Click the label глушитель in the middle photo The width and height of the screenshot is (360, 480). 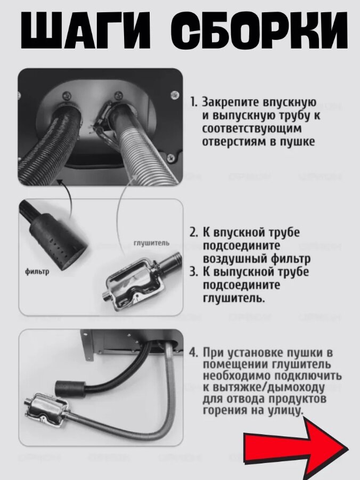point(151,243)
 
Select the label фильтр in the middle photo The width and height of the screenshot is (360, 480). point(37,271)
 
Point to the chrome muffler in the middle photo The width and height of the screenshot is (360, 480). point(141,282)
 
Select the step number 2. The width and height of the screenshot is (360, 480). point(194,233)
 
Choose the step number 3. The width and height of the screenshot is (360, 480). point(194,272)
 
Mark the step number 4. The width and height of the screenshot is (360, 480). point(194,353)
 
